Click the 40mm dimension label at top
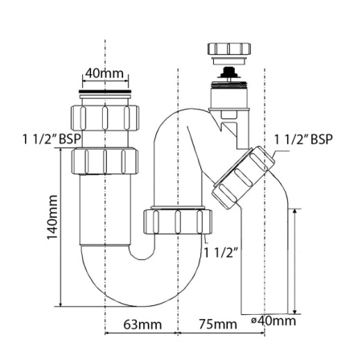[104, 73]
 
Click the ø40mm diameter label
[274, 321]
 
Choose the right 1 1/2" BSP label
[302, 138]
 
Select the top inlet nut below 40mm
[105, 119]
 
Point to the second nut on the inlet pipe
[105, 159]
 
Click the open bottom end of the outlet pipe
[262, 313]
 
